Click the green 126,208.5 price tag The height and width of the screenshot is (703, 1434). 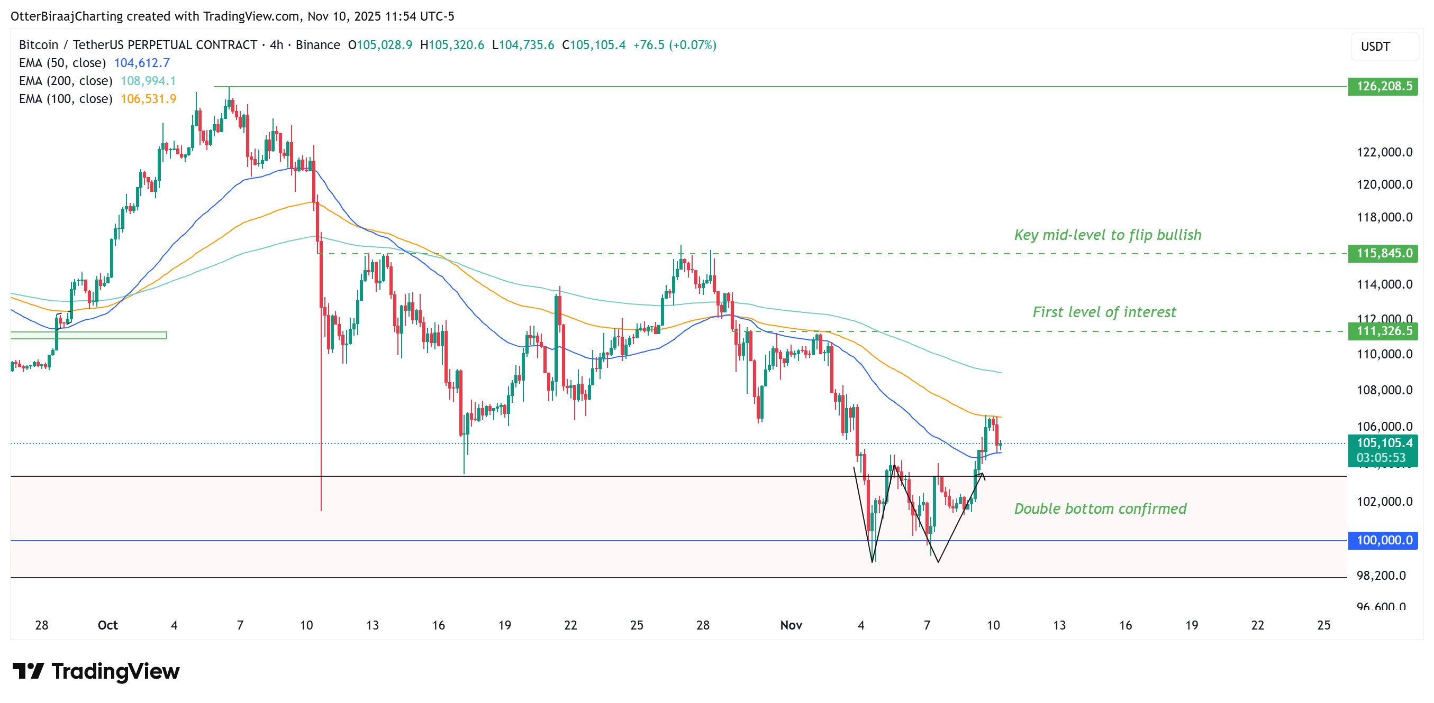point(1383,86)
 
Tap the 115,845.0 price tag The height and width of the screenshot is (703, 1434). point(1383,254)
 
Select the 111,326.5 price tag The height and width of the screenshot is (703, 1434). point(1383,331)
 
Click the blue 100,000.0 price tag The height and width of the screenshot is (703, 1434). point(1383,540)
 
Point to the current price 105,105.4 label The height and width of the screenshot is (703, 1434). point(1383,443)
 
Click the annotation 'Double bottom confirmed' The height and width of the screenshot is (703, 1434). point(1100,509)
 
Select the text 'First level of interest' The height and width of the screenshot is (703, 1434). point(1104,312)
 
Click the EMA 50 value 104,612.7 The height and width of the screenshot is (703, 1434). point(142,63)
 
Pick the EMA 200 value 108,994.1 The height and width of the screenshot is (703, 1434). point(148,81)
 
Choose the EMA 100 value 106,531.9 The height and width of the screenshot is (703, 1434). point(148,99)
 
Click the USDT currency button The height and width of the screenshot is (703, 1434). point(1384,47)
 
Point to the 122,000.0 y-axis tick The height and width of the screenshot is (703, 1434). point(1384,152)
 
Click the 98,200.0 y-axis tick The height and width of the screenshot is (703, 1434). point(1381,576)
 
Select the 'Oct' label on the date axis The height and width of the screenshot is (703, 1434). point(107,625)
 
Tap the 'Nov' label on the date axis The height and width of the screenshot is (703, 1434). point(791,625)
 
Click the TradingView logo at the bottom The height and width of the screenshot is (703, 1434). point(96,671)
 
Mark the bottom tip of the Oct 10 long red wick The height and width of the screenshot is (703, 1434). point(321,510)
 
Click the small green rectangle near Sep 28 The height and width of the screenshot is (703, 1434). point(88,335)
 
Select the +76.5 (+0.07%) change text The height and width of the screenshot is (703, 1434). point(675,45)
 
